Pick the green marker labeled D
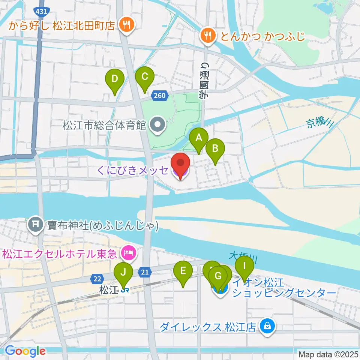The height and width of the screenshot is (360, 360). click(115, 79)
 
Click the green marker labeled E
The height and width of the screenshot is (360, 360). click(183, 271)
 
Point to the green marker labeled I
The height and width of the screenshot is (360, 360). click(244, 266)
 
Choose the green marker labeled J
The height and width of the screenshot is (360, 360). click(123, 273)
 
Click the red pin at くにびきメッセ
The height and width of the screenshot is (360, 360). click(180, 163)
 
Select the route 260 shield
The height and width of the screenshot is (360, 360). click(159, 96)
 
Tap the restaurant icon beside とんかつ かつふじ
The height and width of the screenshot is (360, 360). click(208, 36)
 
